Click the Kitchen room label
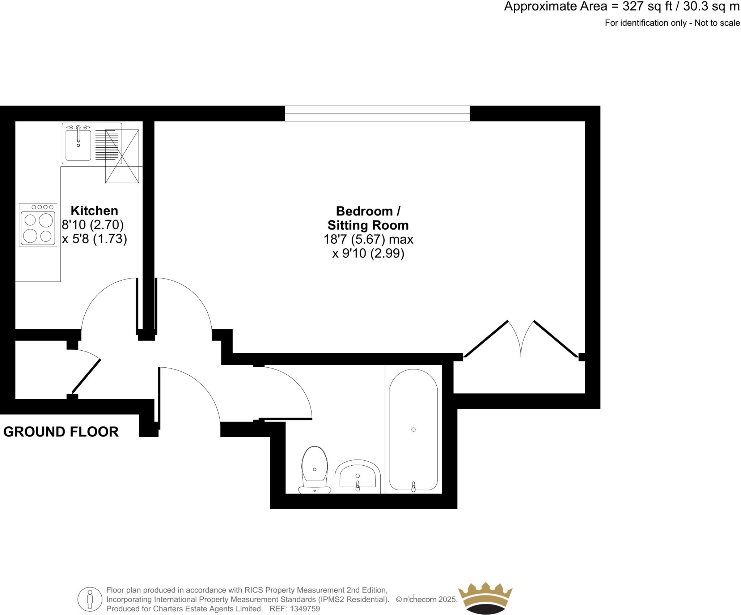click(94, 210)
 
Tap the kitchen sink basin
click(78, 145)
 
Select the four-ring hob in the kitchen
click(38, 225)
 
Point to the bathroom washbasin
click(357, 477)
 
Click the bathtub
click(414, 430)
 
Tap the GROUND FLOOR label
click(61, 432)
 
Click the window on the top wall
click(377, 113)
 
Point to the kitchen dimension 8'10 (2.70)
click(93, 225)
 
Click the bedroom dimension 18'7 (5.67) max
click(368, 239)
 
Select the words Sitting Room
click(368, 225)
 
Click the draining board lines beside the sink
click(107, 145)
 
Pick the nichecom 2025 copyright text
click(427, 599)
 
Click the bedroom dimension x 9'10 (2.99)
click(368, 253)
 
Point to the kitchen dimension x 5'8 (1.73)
click(94, 239)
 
